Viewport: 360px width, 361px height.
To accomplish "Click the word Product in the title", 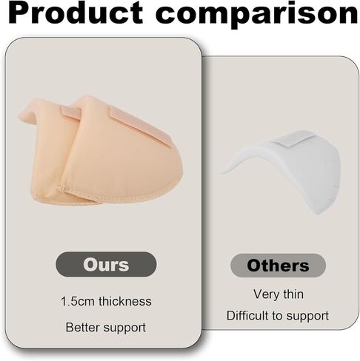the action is point(76,13).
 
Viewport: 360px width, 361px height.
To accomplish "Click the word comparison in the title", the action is point(257,16).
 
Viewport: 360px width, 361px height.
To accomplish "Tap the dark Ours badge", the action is point(106,264).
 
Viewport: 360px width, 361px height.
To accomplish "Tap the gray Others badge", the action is point(278,266).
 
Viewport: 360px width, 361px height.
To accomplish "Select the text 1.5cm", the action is point(79,301).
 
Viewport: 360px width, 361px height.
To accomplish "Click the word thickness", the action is point(125,301).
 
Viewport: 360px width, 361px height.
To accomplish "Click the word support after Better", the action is point(124,328).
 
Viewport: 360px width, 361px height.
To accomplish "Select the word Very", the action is point(266,294).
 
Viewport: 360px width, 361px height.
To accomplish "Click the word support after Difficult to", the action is point(307,317).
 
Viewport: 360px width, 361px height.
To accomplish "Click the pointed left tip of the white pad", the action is point(221,172).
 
